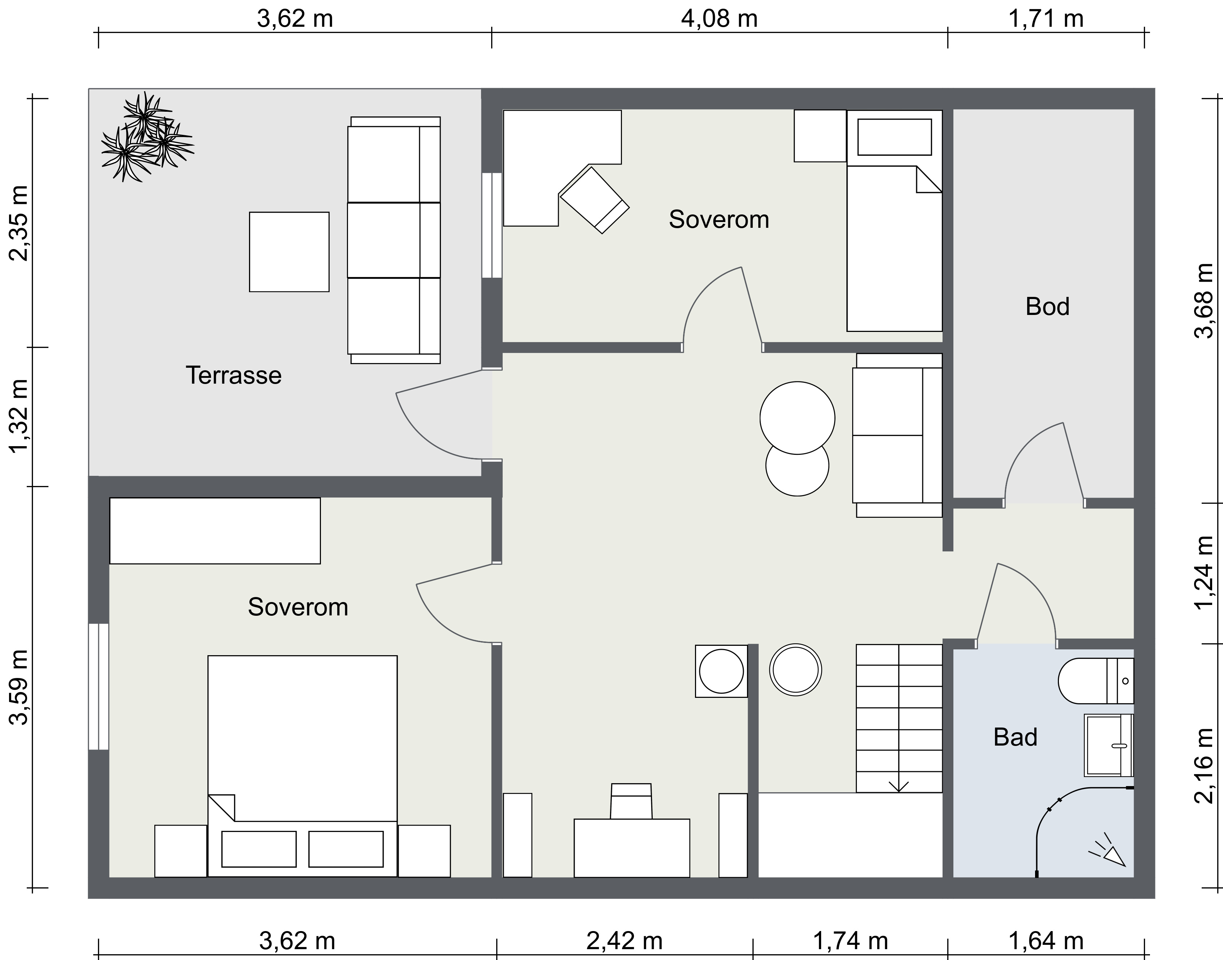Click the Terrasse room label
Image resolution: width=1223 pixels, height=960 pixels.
pos(234,375)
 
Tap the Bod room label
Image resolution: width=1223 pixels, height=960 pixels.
pos(1047,307)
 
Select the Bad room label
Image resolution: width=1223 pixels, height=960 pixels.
pos(1015,737)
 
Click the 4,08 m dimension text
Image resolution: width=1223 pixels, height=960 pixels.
pos(719,18)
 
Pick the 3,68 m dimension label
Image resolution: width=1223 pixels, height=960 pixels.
pos(1203,301)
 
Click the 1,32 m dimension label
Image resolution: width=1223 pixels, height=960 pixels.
pos(19,416)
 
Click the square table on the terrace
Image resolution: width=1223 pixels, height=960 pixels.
pos(289,252)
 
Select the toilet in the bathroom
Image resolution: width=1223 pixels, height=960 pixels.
pos(1095,680)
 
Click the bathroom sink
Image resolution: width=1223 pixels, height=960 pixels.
pos(1108,745)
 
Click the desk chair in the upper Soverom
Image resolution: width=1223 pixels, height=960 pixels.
pos(595,200)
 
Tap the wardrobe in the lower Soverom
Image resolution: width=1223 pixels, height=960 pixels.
pos(215,530)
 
